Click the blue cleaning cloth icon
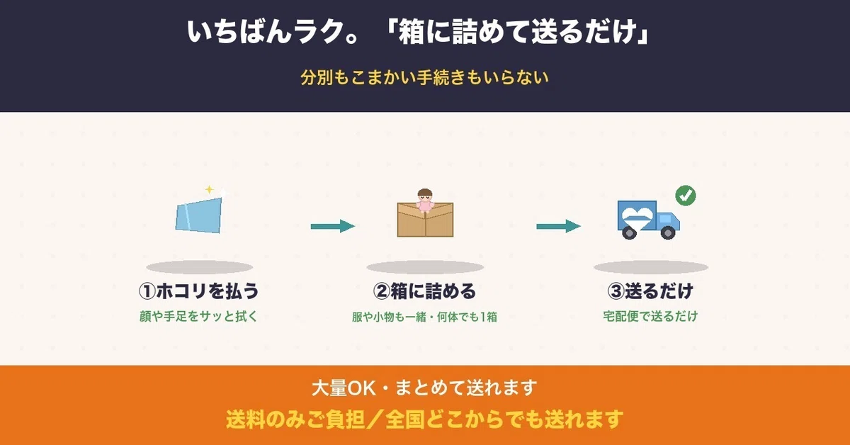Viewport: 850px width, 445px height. click(x=198, y=215)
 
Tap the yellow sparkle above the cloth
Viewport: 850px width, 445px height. click(x=209, y=189)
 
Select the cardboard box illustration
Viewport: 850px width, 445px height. click(x=425, y=220)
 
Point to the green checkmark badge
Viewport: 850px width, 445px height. click(x=686, y=196)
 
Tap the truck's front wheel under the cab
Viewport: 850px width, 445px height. click(x=668, y=232)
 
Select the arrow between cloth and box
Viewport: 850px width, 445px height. click(x=333, y=226)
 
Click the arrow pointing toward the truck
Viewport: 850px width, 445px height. click(x=558, y=226)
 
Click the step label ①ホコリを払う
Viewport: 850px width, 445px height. click(x=198, y=291)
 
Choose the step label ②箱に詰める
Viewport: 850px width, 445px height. click(x=424, y=291)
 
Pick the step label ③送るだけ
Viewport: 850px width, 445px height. click(x=650, y=291)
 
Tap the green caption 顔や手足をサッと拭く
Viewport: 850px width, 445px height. click(x=198, y=316)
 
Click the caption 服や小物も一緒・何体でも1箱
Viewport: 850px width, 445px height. click(x=424, y=317)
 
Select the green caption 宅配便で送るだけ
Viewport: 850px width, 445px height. click(x=650, y=316)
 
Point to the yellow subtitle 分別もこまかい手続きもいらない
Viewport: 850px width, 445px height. click(x=424, y=77)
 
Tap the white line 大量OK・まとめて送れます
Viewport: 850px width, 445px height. click(x=424, y=388)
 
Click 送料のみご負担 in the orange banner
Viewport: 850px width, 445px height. click(x=295, y=419)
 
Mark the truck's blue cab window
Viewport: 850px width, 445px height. click(x=665, y=219)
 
